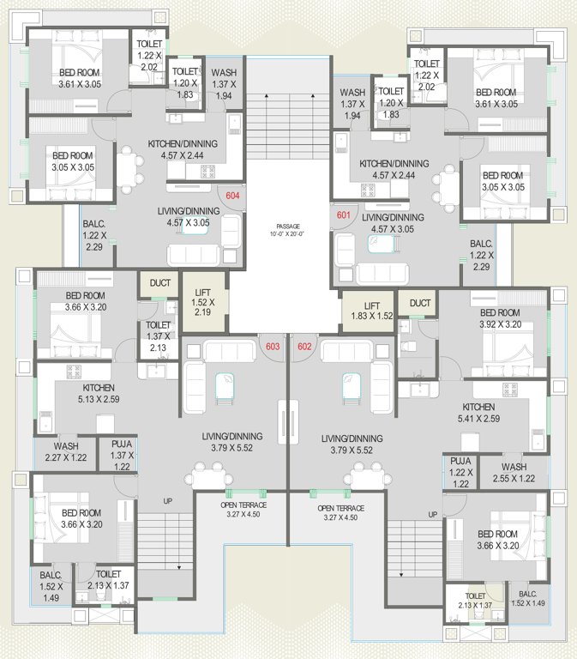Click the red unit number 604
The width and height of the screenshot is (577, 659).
[232, 196]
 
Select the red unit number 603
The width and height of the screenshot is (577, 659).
[273, 347]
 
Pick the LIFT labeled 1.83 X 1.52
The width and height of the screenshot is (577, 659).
[372, 310]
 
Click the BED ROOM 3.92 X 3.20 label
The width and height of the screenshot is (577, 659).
[501, 319]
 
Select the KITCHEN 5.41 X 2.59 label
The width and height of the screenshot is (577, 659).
[478, 413]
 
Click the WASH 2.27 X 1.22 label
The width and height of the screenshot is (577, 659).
[66, 452]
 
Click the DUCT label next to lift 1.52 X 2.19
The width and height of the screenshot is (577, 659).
[160, 283]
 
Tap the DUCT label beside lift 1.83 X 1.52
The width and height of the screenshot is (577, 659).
[419, 303]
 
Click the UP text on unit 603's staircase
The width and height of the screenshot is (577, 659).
[168, 500]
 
